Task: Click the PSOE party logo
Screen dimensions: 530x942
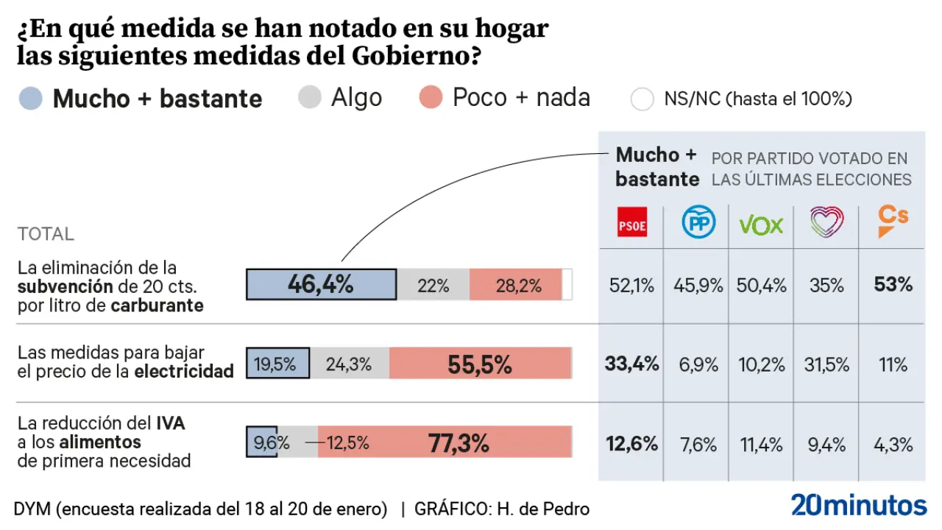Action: [x=631, y=223]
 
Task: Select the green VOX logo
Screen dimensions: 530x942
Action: [x=761, y=225]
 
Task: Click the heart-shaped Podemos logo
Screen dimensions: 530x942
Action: [x=826, y=222]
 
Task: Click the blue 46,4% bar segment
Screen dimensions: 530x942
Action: [x=321, y=285]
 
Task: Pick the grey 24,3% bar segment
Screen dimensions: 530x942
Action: [x=349, y=364]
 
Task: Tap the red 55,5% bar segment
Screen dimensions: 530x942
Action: [x=480, y=364]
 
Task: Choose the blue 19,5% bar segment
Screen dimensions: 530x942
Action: [x=277, y=364]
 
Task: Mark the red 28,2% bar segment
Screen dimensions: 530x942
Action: [x=516, y=285]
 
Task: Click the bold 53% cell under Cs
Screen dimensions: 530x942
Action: [x=893, y=285]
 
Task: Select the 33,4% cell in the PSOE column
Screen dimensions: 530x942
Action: [x=631, y=364]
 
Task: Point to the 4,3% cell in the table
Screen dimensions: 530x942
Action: [x=893, y=444]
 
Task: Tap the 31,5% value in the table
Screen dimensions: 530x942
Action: [x=826, y=364]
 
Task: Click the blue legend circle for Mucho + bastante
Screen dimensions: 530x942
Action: [x=31, y=99]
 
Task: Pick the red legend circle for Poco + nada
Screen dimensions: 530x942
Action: [x=431, y=98]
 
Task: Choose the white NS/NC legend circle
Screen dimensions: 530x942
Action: [x=642, y=99]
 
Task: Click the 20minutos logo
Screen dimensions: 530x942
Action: [x=859, y=506]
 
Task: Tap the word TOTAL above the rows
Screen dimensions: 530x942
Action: [x=46, y=234]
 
